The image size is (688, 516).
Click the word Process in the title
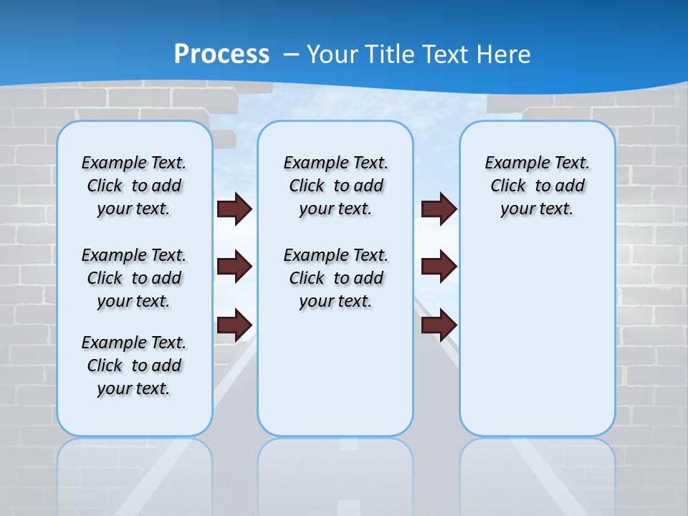(221, 54)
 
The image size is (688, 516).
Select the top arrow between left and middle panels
(234, 209)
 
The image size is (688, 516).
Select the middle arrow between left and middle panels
(234, 267)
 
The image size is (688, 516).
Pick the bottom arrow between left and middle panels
(234, 325)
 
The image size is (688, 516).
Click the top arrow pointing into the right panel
(439, 209)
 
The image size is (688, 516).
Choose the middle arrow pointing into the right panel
(439, 267)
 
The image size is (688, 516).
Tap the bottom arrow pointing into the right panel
(439, 325)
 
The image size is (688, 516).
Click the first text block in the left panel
(133, 186)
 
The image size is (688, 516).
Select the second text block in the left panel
(133, 278)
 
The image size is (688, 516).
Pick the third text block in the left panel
(133, 365)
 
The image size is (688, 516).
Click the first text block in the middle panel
(335, 186)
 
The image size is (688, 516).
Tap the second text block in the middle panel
(335, 278)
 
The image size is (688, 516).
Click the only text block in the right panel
(537, 186)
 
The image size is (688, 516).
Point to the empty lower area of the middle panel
(335, 373)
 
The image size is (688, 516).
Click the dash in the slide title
(292, 54)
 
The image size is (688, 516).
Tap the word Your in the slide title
(333, 54)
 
